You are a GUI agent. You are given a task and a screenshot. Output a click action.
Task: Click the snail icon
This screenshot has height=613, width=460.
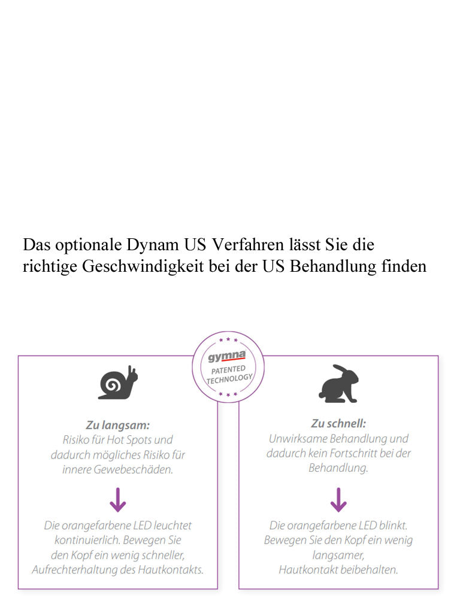pos(117,383)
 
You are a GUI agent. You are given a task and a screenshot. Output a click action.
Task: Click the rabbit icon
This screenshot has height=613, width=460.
pos(338,383)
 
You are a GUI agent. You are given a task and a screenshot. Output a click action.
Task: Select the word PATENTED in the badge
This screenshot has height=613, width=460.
pos(228,370)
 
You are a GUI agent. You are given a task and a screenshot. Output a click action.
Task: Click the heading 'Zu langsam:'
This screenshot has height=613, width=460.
pos(117,425)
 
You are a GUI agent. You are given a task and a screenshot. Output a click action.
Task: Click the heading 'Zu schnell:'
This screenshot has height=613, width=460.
pos(338,423)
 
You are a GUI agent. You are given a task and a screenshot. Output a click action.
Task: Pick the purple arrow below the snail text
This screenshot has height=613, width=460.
pos(117,499)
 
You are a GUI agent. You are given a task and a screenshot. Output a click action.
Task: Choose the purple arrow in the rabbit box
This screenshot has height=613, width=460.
pos(338,499)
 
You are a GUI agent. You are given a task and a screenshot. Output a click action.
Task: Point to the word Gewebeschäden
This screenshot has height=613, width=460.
pos(133,469)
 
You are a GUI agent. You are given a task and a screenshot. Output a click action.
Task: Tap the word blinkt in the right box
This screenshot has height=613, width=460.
pos(393,526)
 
